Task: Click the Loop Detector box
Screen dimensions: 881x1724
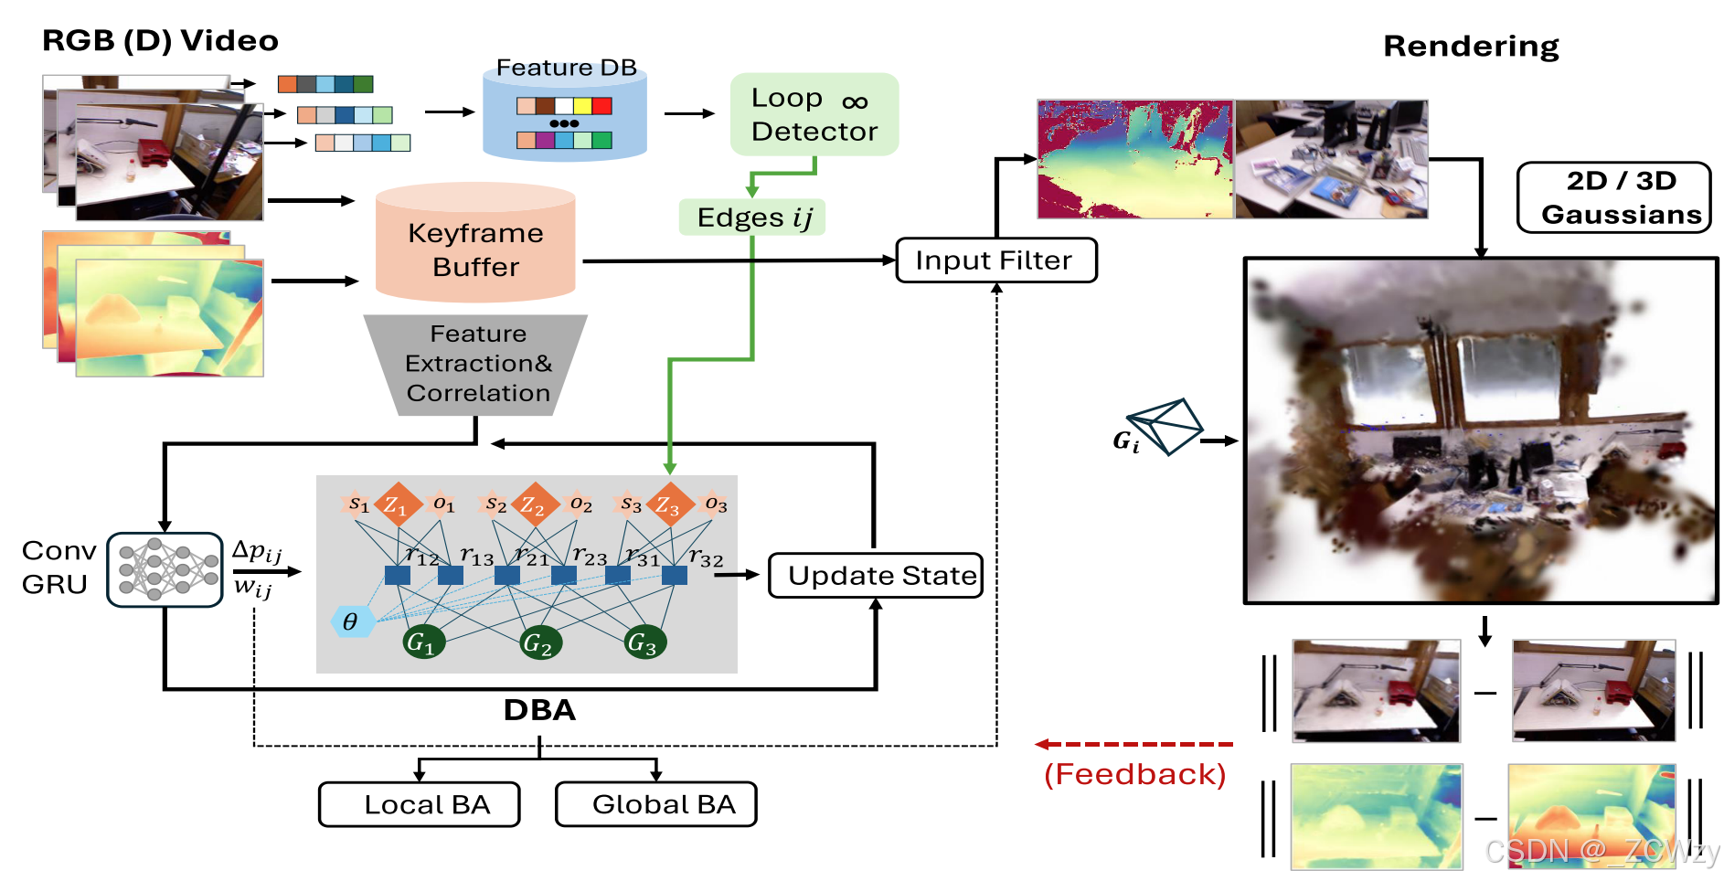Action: point(814,114)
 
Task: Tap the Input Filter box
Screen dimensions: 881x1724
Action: point(995,260)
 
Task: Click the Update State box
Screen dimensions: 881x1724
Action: point(875,576)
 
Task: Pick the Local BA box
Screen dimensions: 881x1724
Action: point(419,804)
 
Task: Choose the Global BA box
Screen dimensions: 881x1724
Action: point(655,804)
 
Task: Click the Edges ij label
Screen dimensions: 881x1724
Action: point(751,218)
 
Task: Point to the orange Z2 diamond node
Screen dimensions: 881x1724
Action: point(534,504)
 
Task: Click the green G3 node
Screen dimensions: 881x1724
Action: point(645,642)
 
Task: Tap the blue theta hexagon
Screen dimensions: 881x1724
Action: point(351,621)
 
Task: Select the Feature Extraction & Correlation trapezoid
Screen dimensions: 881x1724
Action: point(476,364)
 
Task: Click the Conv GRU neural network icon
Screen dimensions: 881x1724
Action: point(165,569)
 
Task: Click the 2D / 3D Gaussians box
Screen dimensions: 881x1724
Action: point(1613,197)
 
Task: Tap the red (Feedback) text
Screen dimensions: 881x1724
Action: point(1133,774)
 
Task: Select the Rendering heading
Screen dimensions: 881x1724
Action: point(1470,46)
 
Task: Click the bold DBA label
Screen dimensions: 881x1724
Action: point(539,710)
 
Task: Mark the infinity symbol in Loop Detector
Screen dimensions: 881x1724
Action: point(855,101)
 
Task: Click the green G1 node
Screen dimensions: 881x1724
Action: point(424,642)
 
